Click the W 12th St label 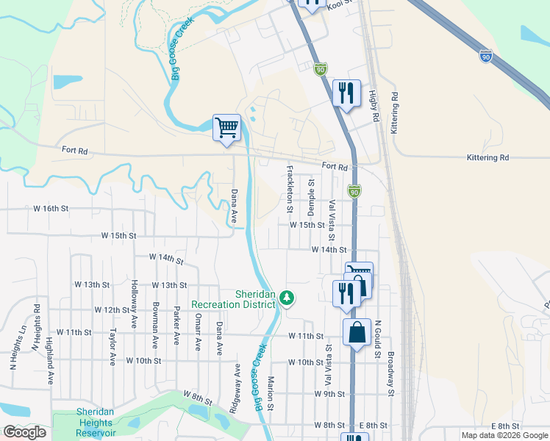[x=112, y=310]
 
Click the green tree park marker [x=287, y=298]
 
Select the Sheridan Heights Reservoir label [x=95, y=422]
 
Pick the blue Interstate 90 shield [x=486, y=55]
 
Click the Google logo [x=24, y=432]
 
